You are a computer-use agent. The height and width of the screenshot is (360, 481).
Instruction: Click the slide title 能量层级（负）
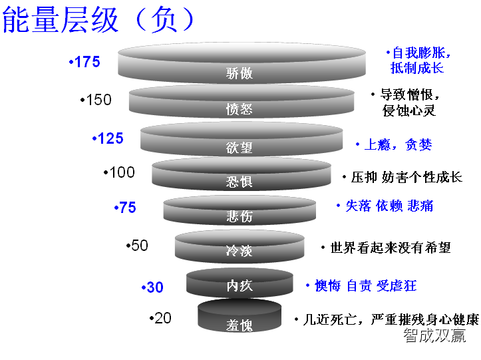[100, 20]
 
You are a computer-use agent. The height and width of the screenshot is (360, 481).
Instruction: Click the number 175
[87, 62]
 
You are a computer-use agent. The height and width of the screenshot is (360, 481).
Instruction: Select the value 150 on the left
[98, 100]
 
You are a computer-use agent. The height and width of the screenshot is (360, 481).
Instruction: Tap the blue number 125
[110, 138]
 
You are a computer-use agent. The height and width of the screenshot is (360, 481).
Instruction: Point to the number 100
[121, 172]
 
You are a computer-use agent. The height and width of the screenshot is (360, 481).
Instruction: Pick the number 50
[139, 246]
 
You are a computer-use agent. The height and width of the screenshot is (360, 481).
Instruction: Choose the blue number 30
[154, 287]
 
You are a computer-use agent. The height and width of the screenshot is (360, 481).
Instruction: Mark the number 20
[162, 318]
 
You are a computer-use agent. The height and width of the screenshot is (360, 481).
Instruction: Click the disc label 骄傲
[240, 74]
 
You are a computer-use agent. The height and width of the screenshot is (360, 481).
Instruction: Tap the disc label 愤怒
[240, 109]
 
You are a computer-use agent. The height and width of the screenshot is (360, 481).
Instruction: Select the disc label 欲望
[240, 147]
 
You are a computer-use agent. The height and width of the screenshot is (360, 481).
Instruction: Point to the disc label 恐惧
[240, 181]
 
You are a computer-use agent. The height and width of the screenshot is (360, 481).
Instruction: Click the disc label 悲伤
[240, 216]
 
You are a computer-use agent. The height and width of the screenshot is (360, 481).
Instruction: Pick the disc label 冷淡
[240, 252]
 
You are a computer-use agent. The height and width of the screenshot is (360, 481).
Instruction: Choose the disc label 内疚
[240, 286]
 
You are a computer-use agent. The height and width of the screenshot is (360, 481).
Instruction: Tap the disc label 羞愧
[240, 325]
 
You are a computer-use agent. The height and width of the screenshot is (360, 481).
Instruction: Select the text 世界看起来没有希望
[391, 248]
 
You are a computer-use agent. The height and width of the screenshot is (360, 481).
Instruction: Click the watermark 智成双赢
[434, 336]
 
